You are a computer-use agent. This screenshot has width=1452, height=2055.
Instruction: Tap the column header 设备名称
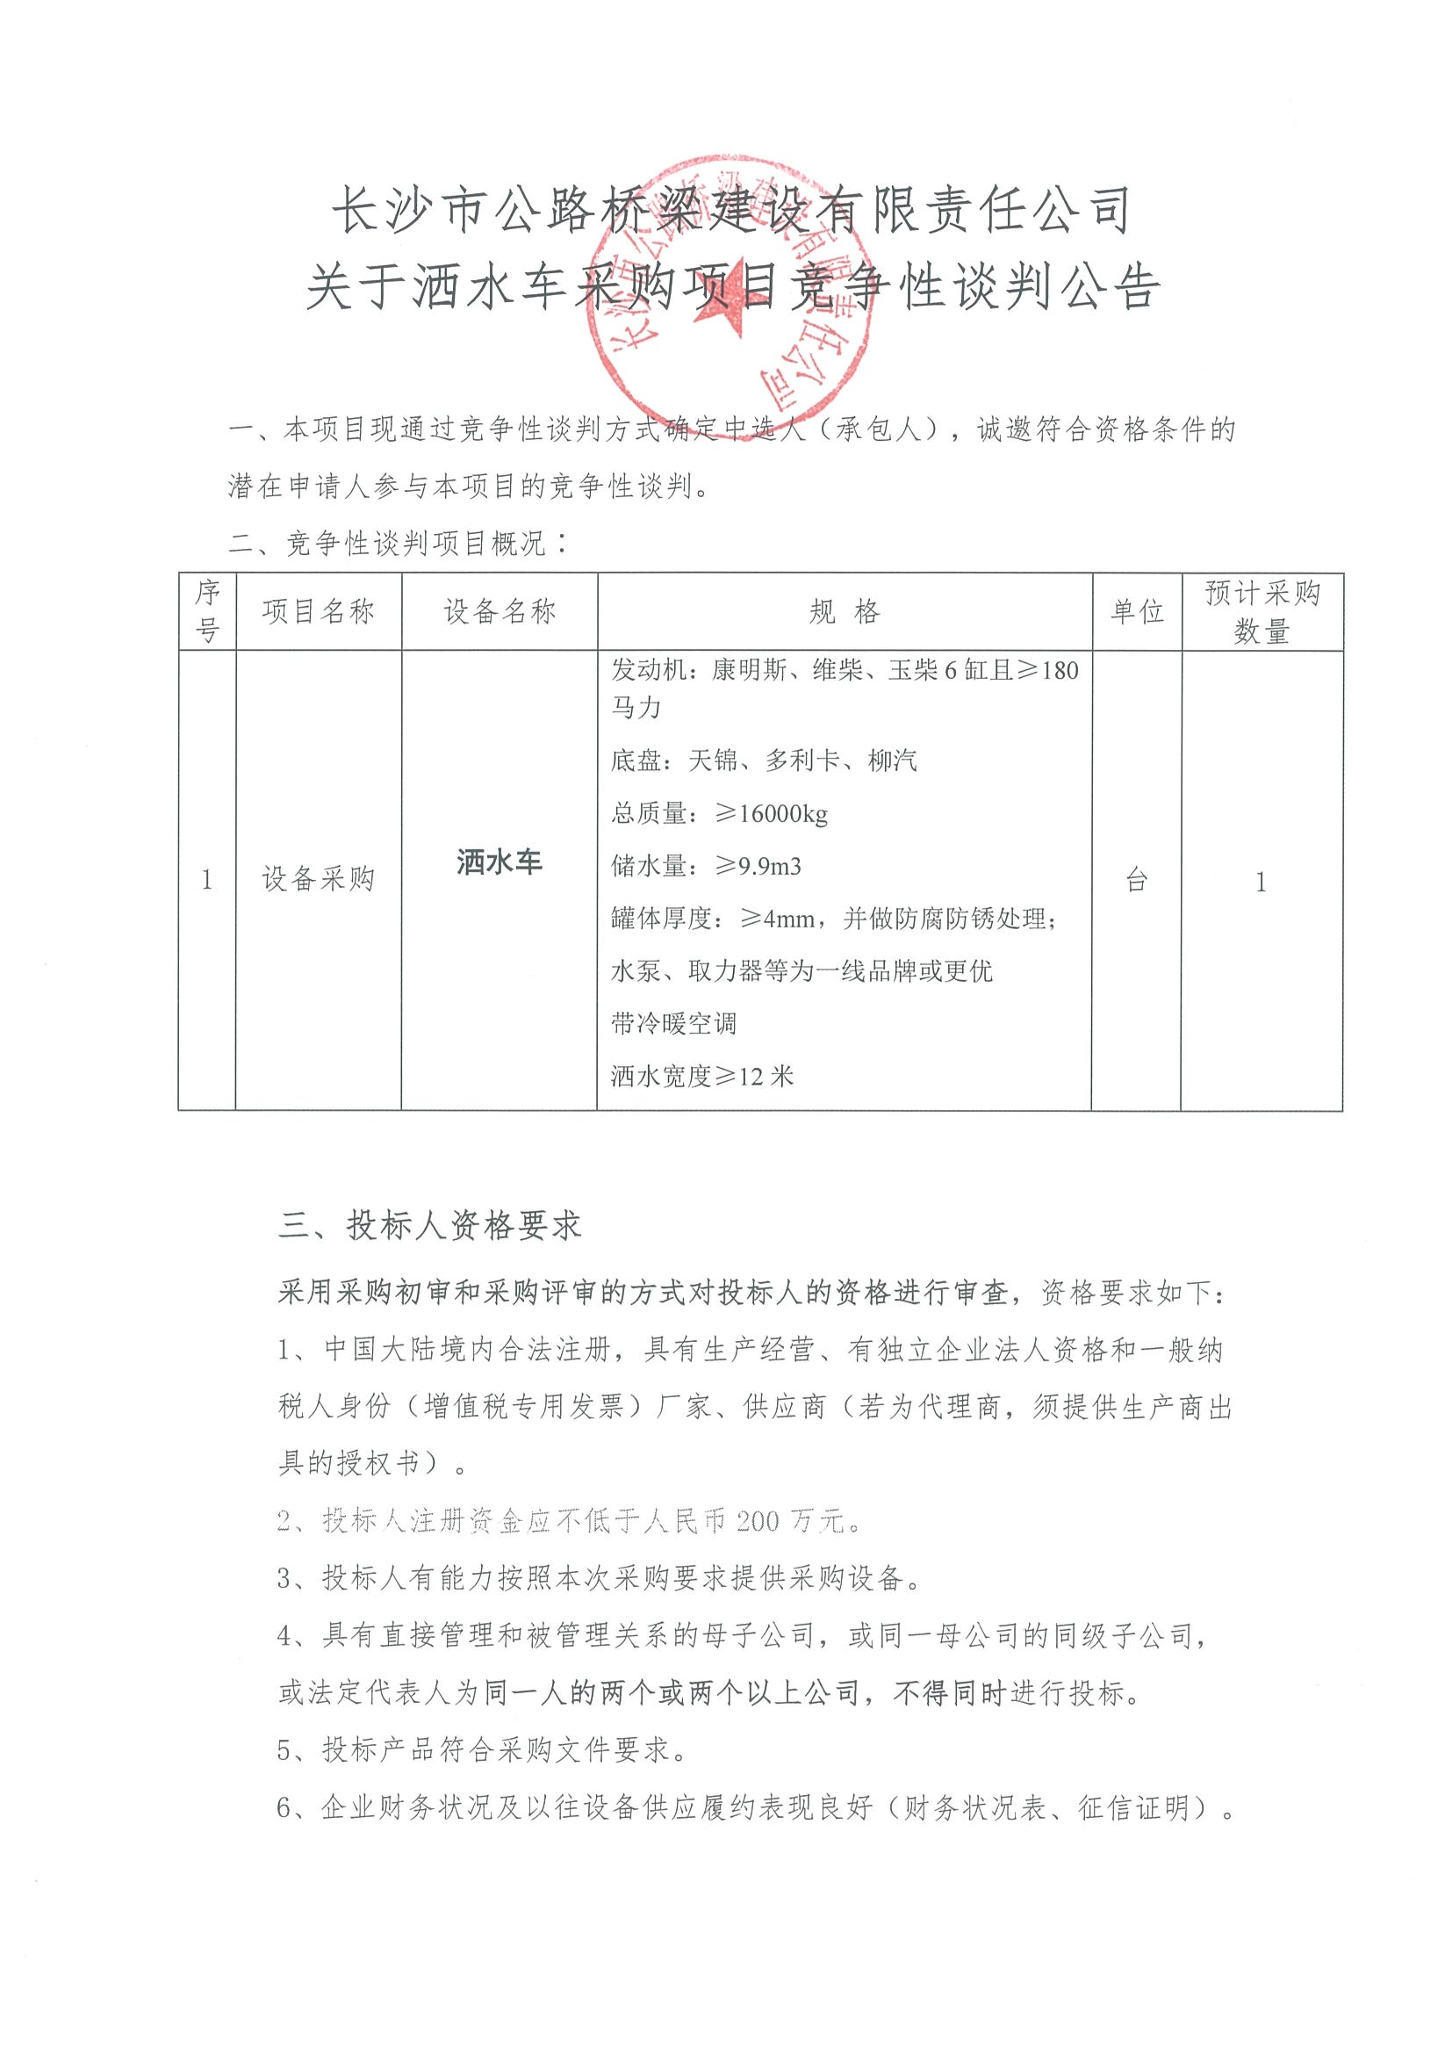click(x=500, y=612)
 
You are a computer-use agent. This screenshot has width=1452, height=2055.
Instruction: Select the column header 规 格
click(x=845, y=612)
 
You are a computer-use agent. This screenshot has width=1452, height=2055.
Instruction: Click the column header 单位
click(x=1136, y=612)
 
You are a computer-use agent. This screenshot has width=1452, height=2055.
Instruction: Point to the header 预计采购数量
click(x=1262, y=612)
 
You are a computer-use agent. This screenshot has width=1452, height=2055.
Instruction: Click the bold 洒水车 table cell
click(x=500, y=862)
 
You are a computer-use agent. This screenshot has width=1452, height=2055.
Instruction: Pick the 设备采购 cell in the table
click(x=318, y=880)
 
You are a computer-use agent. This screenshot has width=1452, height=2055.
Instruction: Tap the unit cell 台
click(x=1136, y=881)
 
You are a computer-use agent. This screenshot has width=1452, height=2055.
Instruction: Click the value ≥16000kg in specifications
click(x=771, y=813)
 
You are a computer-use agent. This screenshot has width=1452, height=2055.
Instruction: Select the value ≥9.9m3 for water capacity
click(x=758, y=866)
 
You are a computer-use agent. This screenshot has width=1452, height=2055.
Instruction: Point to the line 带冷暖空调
click(x=673, y=1023)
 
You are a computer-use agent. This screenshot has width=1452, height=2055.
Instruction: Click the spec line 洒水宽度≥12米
click(x=702, y=1076)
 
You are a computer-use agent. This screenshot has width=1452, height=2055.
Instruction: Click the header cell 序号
click(x=206, y=612)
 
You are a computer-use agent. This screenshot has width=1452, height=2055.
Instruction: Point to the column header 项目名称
click(x=318, y=612)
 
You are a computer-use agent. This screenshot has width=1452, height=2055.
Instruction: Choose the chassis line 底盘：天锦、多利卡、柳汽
click(x=764, y=761)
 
